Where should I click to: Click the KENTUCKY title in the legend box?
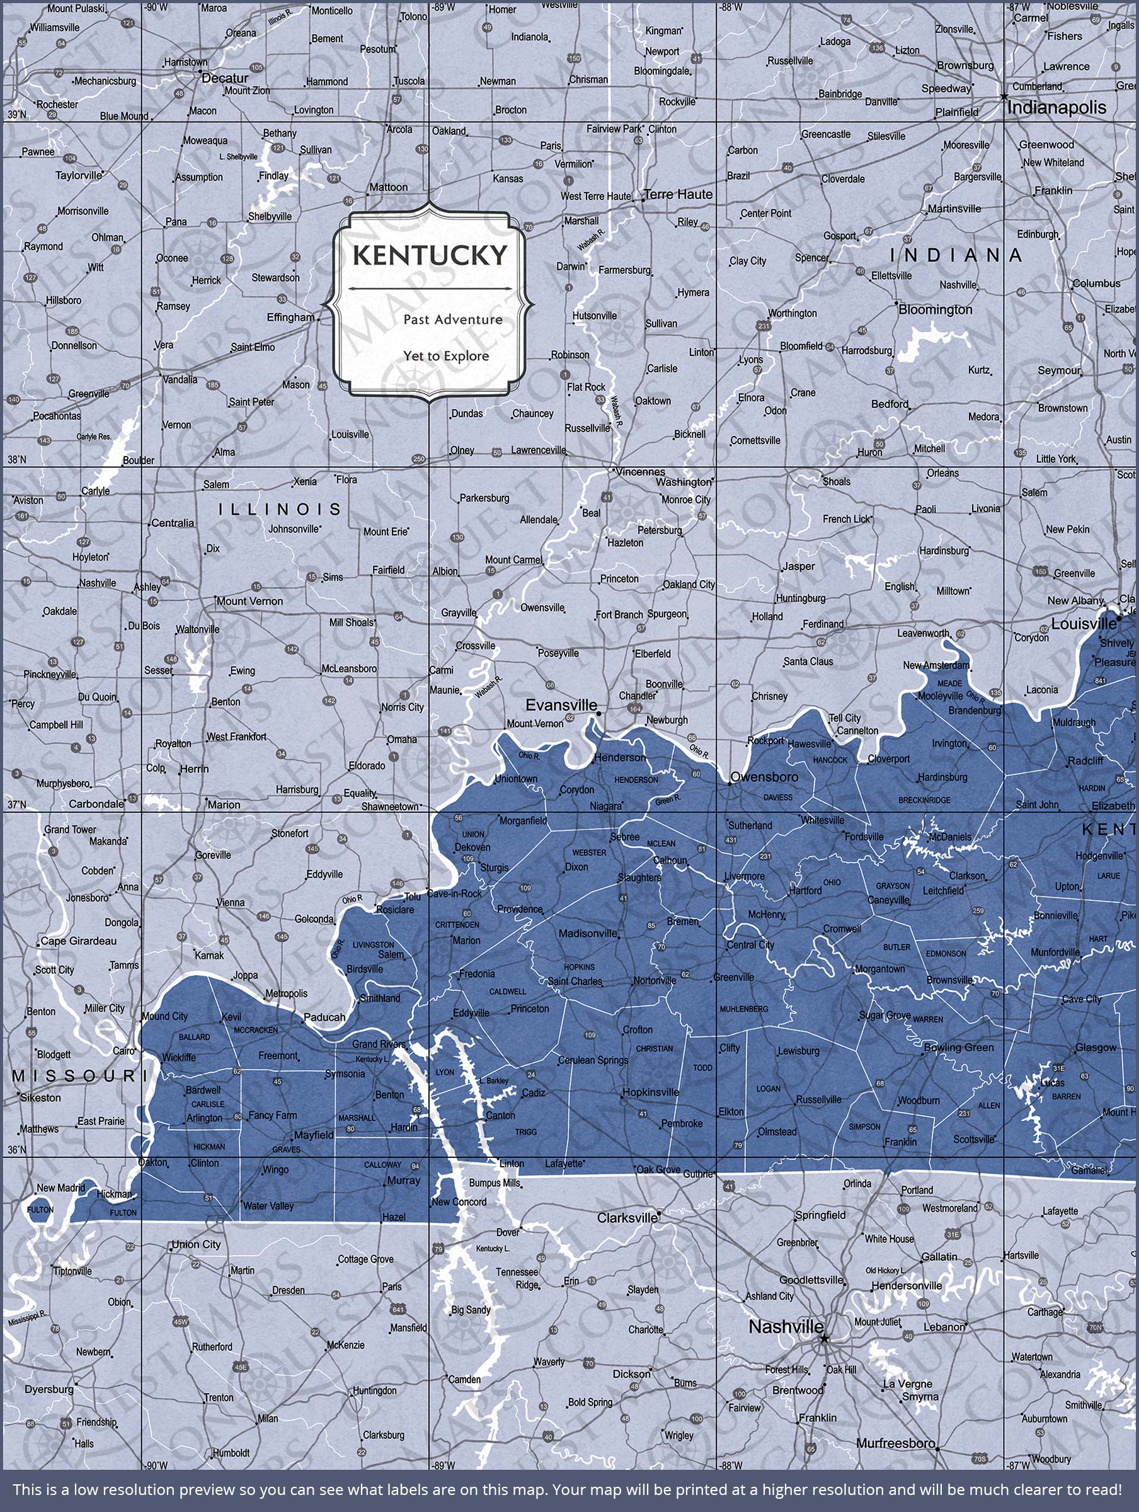(430, 256)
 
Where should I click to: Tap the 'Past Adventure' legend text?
(452, 319)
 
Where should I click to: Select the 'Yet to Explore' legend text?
(446, 356)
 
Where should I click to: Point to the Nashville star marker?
(825, 1338)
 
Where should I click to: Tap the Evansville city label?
(561, 704)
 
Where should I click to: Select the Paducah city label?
(324, 1017)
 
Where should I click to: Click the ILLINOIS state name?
(280, 509)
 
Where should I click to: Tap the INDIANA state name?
(955, 256)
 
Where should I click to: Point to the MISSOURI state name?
(75, 1076)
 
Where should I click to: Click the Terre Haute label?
(678, 194)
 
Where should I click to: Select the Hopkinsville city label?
(650, 1092)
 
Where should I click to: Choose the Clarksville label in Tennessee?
(626, 1217)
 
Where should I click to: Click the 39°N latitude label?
(17, 114)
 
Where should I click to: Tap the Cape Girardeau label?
(78, 941)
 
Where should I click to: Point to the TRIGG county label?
(526, 1132)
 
